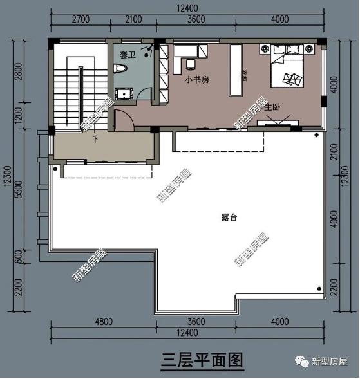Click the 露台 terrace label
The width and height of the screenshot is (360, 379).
point(229,217)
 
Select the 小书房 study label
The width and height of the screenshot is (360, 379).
point(196,80)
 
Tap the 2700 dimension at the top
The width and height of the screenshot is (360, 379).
point(79,19)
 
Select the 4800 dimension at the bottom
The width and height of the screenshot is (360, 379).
point(103,322)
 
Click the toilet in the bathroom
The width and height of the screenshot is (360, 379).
point(122,68)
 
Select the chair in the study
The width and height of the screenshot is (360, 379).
point(191,63)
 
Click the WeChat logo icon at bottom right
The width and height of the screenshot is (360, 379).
point(301,362)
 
